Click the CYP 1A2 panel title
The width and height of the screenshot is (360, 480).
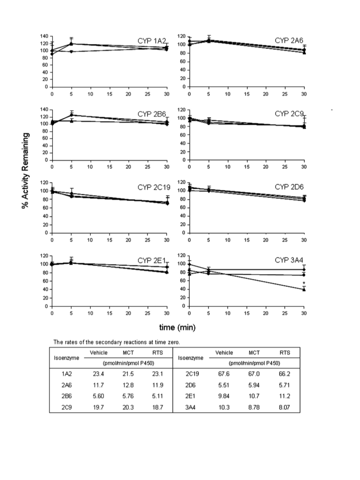(152, 41)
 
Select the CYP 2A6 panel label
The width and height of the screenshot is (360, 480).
(289, 40)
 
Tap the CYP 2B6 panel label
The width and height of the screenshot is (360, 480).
(152, 114)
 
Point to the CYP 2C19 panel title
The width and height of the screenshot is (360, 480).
(154, 188)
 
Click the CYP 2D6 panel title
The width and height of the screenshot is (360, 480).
(289, 187)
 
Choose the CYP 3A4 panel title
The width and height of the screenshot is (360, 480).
(289, 260)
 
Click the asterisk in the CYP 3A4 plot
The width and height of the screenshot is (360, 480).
(304, 283)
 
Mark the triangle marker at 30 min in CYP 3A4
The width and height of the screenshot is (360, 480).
(304, 289)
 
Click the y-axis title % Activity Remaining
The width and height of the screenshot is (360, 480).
(25, 171)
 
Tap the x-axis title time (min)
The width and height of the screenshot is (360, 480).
(177, 327)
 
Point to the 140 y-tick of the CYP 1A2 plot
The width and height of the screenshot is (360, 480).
(44, 36)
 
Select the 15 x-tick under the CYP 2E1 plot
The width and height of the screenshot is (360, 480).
(109, 313)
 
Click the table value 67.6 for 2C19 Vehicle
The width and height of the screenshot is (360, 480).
(224, 374)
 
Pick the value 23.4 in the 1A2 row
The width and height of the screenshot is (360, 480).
(98, 374)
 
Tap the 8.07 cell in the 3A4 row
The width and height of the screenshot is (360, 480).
(284, 407)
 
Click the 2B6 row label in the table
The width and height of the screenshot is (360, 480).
(66, 396)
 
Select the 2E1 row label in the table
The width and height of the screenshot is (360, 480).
(190, 396)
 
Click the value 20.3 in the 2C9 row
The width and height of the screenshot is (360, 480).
(128, 407)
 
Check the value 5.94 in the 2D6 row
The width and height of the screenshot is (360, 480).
(254, 385)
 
